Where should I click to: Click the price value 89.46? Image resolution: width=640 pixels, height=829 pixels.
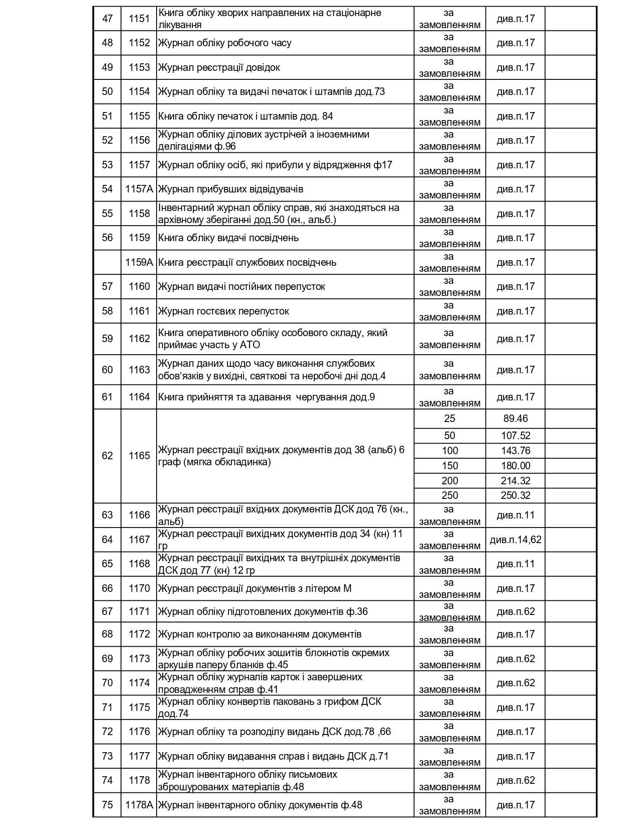click(516, 419)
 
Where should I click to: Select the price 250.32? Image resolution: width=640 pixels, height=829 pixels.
click(516, 495)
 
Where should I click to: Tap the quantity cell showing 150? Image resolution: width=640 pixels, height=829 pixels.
click(450, 466)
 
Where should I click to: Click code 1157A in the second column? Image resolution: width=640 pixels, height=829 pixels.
click(139, 189)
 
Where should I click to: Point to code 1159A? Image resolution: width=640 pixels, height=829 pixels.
click(139, 262)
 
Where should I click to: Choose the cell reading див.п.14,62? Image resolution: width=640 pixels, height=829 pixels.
click(516, 540)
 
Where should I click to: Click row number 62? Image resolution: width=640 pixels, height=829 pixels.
click(107, 456)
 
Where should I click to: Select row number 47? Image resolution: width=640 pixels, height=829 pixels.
click(107, 19)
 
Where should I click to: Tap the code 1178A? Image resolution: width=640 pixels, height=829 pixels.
click(139, 805)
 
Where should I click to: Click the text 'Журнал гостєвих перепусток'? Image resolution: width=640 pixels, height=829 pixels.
click(224, 311)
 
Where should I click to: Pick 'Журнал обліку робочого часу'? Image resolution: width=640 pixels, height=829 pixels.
click(225, 43)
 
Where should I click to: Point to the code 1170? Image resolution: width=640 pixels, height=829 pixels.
click(139, 588)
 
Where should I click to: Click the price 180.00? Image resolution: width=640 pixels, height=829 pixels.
click(516, 466)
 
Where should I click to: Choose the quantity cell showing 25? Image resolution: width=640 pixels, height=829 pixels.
click(450, 419)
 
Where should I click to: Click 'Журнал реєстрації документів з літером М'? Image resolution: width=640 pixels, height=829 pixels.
click(255, 588)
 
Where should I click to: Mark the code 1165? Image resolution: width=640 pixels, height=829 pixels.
click(139, 456)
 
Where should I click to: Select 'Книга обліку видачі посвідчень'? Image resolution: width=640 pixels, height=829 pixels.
click(228, 238)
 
